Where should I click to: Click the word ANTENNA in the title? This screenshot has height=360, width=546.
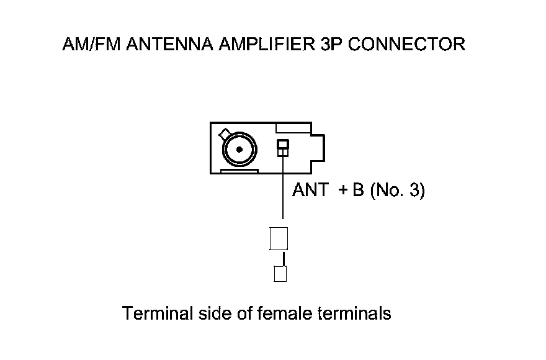click(x=164, y=45)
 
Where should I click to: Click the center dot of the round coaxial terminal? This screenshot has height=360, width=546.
click(x=238, y=149)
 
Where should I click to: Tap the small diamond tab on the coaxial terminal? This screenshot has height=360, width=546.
click(x=223, y=133)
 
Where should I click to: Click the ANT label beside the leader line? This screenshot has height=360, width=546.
click(x=310, y=191)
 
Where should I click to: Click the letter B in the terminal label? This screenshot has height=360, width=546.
click(x=358, y=191)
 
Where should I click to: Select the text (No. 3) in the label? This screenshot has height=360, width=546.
click(x=397, y=191)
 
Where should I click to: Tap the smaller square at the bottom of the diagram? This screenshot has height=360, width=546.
click(x=280, y=274)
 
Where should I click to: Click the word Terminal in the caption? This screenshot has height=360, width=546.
click(x=158, y=313)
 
